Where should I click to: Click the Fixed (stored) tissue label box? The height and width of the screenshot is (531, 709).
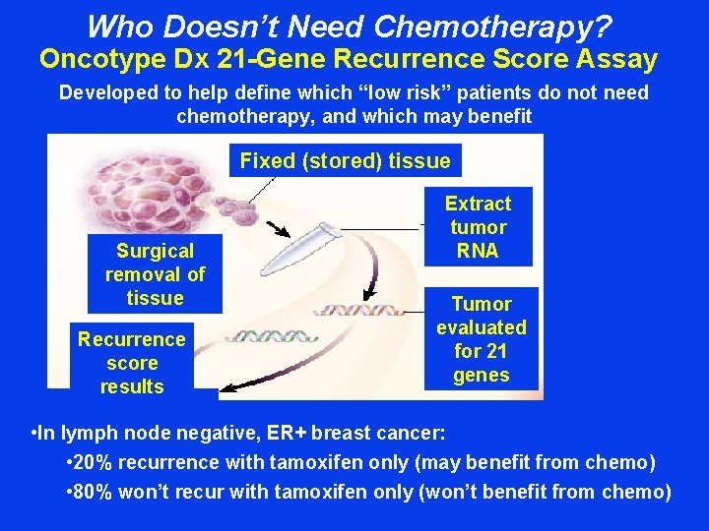pyautogui.click(x=345, y=161)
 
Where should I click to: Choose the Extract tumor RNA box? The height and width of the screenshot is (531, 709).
pyautogui.click(x=478, y=227)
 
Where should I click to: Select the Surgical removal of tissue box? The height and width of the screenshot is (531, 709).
pyautogui.click(x=155, y=274)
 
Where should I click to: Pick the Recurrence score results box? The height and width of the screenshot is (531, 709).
pyautogui.click(x=132, y=363)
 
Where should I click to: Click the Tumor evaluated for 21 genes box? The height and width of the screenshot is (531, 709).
pyautogui.click(x=482, y=339)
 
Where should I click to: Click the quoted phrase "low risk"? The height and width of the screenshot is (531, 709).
pyautogui.click(x=418, y=93)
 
